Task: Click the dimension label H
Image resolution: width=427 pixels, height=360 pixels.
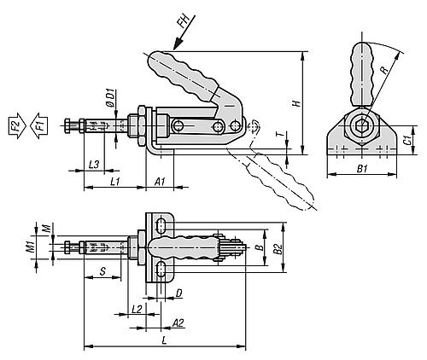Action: click(295, 103)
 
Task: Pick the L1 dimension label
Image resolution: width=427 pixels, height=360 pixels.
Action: click(114, 181)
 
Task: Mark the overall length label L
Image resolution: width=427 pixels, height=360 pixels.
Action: click(164, 340)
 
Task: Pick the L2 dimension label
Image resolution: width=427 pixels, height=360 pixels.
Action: click(137, 306)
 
